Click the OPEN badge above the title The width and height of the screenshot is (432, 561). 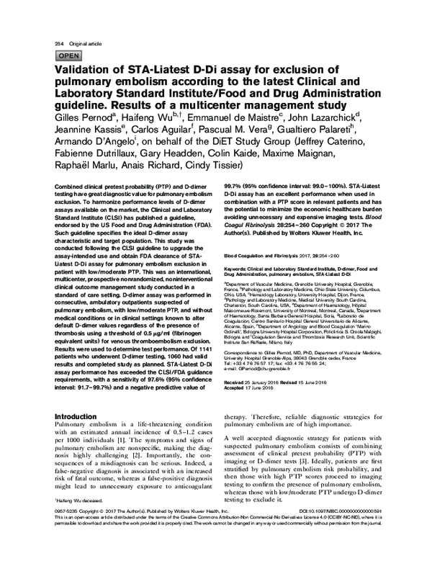coord(68,54)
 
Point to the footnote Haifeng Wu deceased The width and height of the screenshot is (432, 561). coord(81,518)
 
